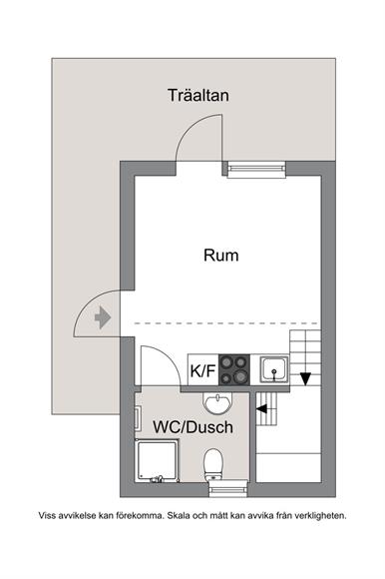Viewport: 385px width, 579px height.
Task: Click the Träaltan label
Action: (198, 95)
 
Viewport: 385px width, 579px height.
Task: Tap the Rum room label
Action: (220, 256)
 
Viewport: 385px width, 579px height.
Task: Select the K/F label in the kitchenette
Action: (202, 370)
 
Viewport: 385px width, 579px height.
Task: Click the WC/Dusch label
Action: (192, 427)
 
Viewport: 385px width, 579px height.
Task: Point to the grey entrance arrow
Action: (103, 317)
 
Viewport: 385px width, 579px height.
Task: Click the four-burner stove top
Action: (234, 369)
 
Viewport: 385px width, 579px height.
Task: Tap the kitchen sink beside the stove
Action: (274, 369)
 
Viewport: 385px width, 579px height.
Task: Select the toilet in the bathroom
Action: (212, 464)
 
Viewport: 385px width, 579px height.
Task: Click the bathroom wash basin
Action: (217, 403)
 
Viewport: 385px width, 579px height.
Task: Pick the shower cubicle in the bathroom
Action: (158, 460)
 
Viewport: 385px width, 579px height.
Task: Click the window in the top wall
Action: (256, 170)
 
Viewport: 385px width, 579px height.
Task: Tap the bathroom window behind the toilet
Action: (228, 489)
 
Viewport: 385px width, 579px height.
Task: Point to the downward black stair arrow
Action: (305, 379)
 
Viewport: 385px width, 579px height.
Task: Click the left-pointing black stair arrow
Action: (261, 408)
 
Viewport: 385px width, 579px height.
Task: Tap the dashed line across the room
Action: (226, 323)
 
